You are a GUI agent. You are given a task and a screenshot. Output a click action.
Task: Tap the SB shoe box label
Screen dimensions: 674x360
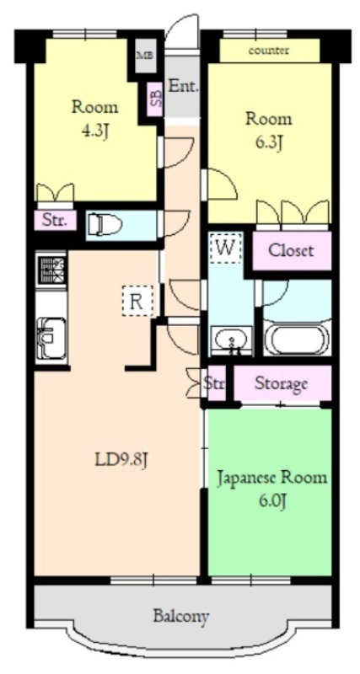pos(155,99)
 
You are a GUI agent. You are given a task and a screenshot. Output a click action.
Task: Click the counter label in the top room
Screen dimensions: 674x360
pos(269,51)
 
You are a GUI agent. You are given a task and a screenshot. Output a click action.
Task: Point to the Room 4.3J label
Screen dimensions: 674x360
pos(94,118)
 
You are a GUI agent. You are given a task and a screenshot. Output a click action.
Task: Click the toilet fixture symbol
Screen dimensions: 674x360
pos(105,224)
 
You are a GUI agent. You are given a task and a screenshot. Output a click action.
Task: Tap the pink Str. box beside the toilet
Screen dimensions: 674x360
pos(56,221)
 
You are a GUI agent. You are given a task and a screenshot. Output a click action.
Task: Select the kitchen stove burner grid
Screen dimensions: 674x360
pos(51,270)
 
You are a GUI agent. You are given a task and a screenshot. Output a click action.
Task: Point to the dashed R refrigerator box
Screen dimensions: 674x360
pos(137,301)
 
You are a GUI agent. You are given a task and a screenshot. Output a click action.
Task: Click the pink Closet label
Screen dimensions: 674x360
pos(291,250)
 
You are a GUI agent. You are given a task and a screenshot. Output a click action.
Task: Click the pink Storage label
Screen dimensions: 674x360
pos(282,384)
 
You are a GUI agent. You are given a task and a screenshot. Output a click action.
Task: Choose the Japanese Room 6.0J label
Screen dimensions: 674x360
pos(271,489)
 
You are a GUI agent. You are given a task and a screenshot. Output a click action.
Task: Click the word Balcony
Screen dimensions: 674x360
pos(180,616)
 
